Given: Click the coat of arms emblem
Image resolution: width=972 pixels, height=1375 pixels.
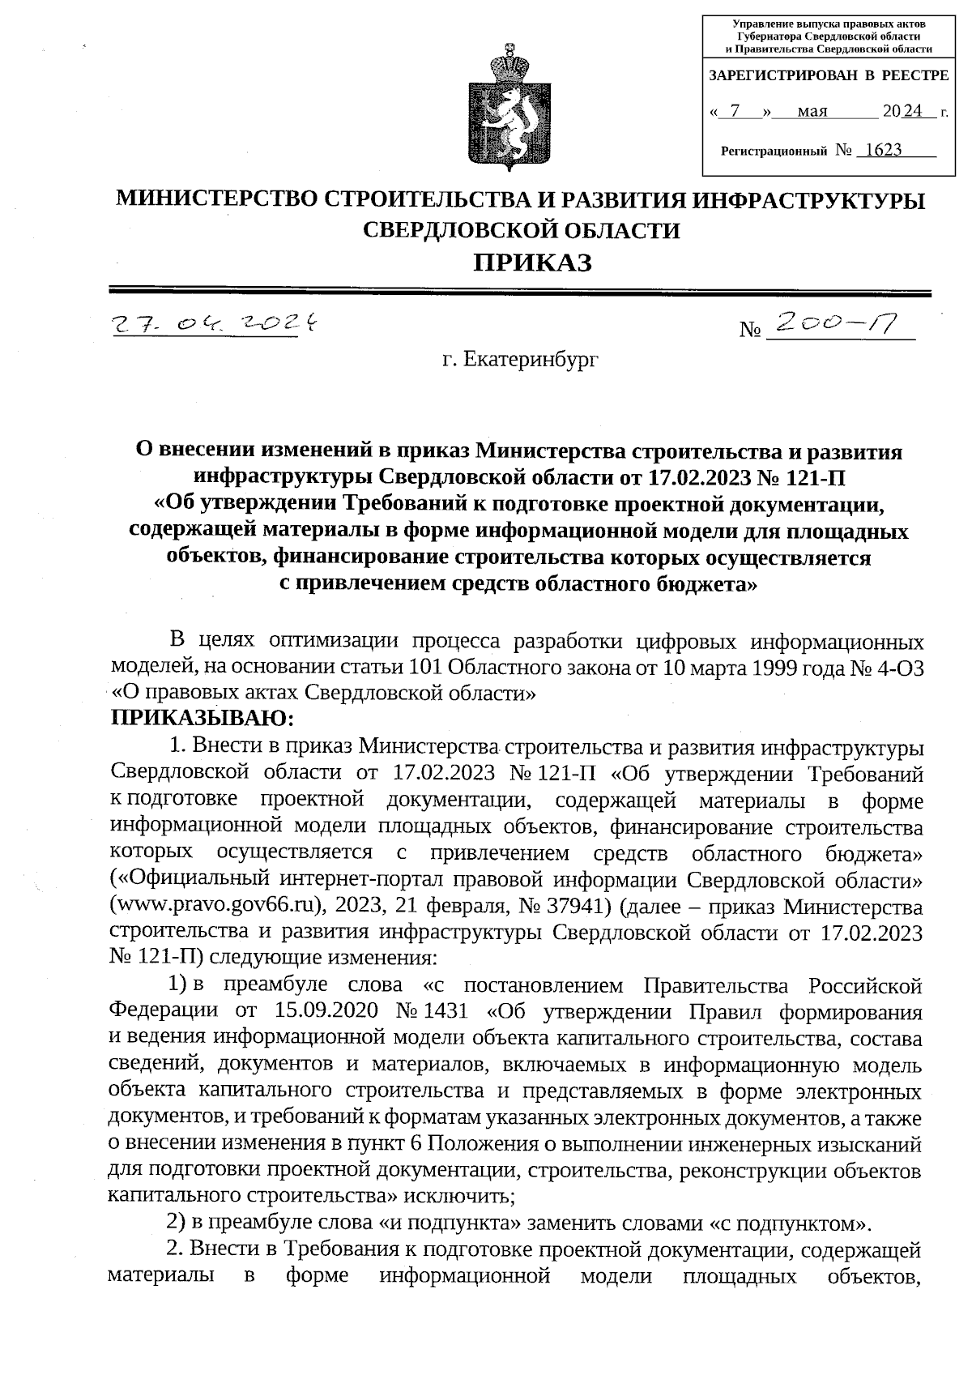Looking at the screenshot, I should [509, 112].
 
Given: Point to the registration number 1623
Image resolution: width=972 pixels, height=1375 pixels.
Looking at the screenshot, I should [883, 150].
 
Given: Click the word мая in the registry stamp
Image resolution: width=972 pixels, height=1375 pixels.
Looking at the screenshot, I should [812, 112].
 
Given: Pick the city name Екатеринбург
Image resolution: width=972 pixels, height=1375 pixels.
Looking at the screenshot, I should [520, 359].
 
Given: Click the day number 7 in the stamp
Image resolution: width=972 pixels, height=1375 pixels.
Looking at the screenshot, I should [735, 112].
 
